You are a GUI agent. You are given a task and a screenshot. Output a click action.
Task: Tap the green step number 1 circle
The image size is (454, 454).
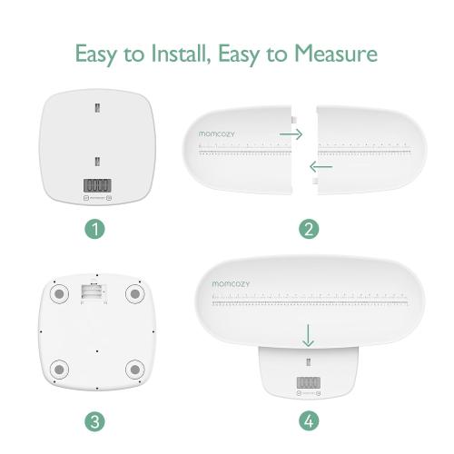(x=96, y=229)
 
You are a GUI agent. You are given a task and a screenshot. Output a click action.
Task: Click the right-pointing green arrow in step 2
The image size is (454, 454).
(x=291, y=133)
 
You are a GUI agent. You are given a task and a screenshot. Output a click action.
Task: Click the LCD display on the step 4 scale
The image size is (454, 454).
(x=309, y=382)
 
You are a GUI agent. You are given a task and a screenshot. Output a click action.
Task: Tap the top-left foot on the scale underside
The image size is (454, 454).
(x=57, y=295)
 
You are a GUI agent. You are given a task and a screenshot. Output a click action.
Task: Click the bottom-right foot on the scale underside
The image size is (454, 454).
(x=135, y=370)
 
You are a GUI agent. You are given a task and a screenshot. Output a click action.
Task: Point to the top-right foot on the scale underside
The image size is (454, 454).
(x=135, y=295)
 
